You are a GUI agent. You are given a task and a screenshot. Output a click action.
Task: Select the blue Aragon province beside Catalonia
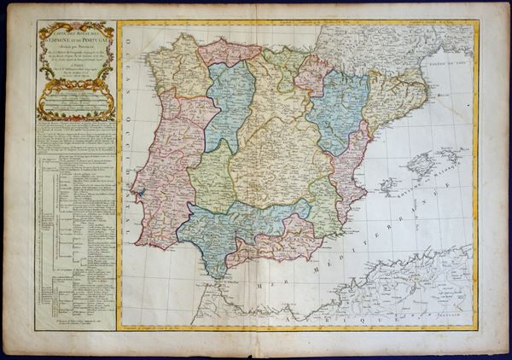pos(340,111)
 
